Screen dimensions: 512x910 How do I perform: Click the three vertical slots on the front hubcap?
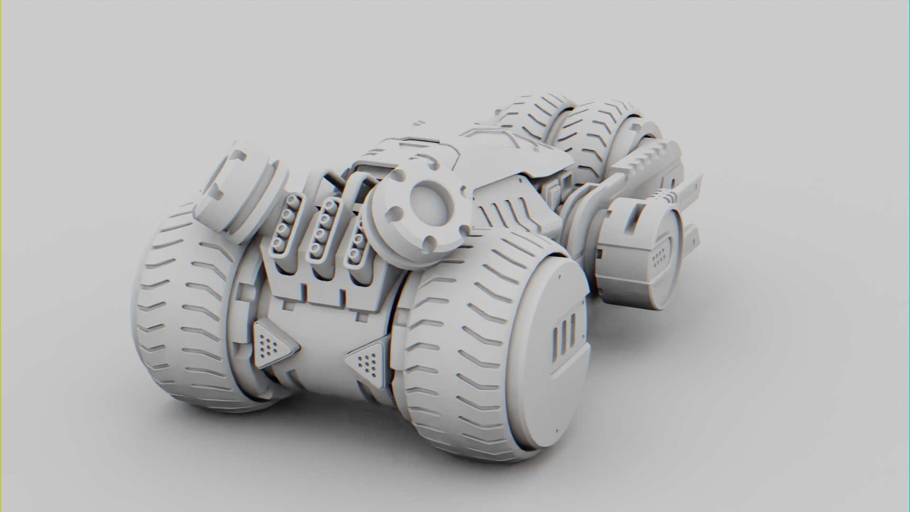tap(564, 334)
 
